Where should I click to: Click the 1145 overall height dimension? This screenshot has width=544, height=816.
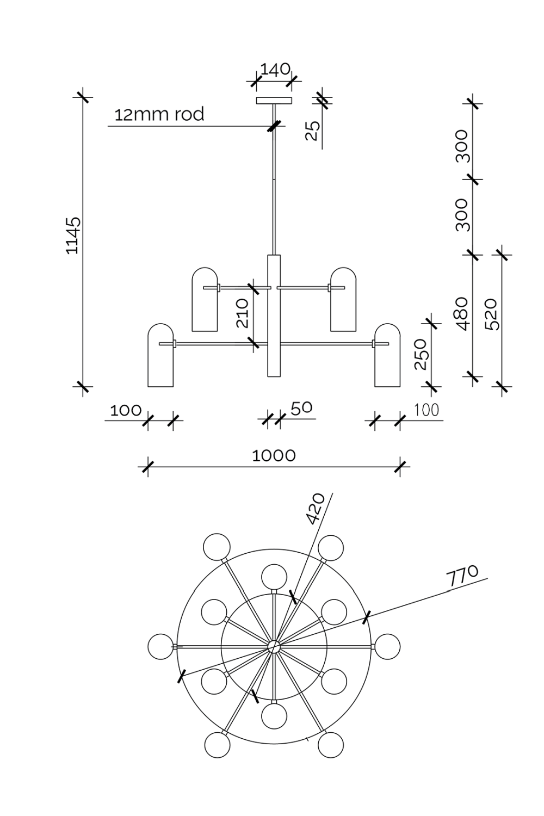pyautogui.click(x=73, y=235)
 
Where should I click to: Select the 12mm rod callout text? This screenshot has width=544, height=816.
pyautogui.click(x=159, y=115)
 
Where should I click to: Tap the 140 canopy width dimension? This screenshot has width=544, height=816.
pyautogui.click(x=275, y=70)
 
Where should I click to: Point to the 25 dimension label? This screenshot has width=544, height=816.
pyautogui.click(x=312, y=131)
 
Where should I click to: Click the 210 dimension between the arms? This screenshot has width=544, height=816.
pyautogui.click(x=243, y=313)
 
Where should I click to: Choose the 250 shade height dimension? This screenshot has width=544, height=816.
pyautogui.click(x=422, y=354)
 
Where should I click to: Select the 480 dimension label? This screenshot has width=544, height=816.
pyautogui.click(x=462, y=313)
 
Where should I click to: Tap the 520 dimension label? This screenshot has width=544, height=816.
pyautogui.click(x=491, y=314)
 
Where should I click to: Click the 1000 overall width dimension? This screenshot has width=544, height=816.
pyautogui.click(x=274, y=455)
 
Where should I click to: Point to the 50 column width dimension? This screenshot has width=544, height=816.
pyautogui.click(x=301, y=409)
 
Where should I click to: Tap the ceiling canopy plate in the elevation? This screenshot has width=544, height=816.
pyautogui.click(x=274, y=100)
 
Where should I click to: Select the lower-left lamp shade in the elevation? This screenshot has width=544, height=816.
pyautogui.click(x=160, y=356)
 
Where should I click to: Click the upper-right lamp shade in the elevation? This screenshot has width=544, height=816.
pyautogui.click(x=343, y=299)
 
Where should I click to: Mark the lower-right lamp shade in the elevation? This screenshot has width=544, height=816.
pyautogui.click(x=387, y=356)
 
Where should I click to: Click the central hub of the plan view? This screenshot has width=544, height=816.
pyautogui.click(x=274, y=646)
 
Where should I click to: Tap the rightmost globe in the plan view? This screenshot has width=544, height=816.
pyautogui.click(x=387, y=646)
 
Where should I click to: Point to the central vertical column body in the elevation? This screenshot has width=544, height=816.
pyautogui.click(x=274, y=316)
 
